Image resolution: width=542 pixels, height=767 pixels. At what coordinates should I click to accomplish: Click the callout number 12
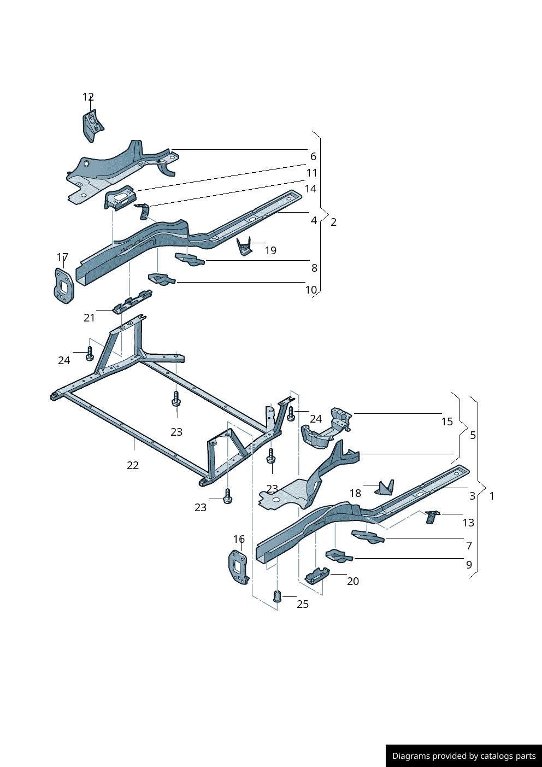click(88, 97)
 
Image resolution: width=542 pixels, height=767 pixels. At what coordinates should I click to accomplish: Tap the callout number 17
click(62, 257)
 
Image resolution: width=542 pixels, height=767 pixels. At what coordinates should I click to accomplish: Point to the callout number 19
click(270, 250)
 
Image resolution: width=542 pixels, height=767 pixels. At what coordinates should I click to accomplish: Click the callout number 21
click(89, 318)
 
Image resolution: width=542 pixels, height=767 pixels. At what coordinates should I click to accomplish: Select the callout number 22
click(133, 465)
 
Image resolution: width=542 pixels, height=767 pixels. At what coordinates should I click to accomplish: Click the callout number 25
click(303, 604)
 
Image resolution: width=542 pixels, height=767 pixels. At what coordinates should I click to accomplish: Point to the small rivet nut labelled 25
click(276, 596)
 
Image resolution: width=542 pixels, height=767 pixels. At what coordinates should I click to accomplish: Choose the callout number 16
click(239, 539)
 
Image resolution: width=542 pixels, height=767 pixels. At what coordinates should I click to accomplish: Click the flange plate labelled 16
click(238, 566)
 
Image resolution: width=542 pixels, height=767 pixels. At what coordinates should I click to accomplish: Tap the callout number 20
click(353, 581)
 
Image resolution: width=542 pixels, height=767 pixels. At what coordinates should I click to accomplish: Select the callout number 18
click(355, 493)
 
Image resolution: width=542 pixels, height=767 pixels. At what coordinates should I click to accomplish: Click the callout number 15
click(447, 421)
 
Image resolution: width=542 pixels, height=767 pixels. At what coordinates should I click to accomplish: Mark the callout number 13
click(468, 523)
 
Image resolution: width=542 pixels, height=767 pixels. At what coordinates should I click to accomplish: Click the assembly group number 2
click(333, 222)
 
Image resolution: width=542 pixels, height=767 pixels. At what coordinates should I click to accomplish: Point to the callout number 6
click(313, 156)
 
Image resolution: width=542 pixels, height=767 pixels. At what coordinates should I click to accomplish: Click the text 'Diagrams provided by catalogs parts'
click(464, 756)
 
